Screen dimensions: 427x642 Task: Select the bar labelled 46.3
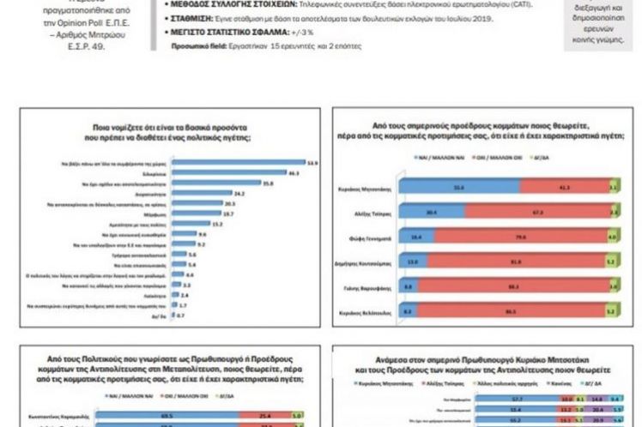click(x=215, y=172)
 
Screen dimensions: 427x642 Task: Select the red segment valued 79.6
click(x=524, y=234)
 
